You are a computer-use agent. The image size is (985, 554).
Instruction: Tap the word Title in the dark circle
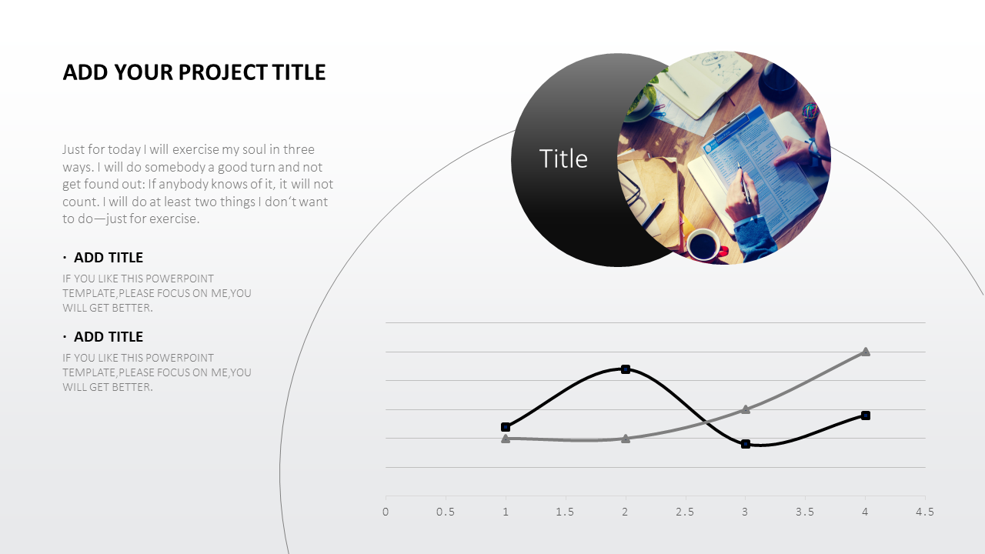pyautogui.click(x=563, y=159)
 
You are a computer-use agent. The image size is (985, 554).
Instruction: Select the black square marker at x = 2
pyautogui.click(x=626, y=369)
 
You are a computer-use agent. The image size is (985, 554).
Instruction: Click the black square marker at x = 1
pyautogui.click(x=506, y=427)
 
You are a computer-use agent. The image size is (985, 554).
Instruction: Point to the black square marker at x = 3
pyautogui.click(x=746, y=444)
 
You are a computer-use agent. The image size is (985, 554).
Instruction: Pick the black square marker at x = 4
pyautogui.click(x=866, y=415)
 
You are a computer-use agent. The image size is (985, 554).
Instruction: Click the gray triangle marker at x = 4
pyautogui.click(x=866, y=352)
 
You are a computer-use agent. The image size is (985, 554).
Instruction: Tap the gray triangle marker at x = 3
pyautogui.click(x=746, y=409)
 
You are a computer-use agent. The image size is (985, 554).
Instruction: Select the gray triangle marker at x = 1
pyautogui.click(x=506, y=439)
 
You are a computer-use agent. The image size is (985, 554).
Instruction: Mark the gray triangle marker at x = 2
pyautogui.click(x=626, y=439)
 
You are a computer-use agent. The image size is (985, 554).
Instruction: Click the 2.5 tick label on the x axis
pyautogui.click(x=685, y=512)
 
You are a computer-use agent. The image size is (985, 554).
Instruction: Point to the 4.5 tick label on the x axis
pyautogui.click(x=925, y=512)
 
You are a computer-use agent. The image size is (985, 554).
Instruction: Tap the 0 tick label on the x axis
pyautogui.click(x=386, y=512)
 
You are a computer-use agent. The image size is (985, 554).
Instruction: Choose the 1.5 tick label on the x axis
pyautogui.click(x=565, y=512)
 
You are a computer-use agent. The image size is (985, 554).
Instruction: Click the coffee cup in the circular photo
pyautogui.click(x=706, y=245)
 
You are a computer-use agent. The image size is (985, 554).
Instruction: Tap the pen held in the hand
pyautogui.click(x=744, y=183)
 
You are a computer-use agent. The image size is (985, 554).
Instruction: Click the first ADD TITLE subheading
pyautogui.click(x=109, y=258)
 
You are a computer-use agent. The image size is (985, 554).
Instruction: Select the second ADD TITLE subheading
pyautogui.click(x=109, y=337)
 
